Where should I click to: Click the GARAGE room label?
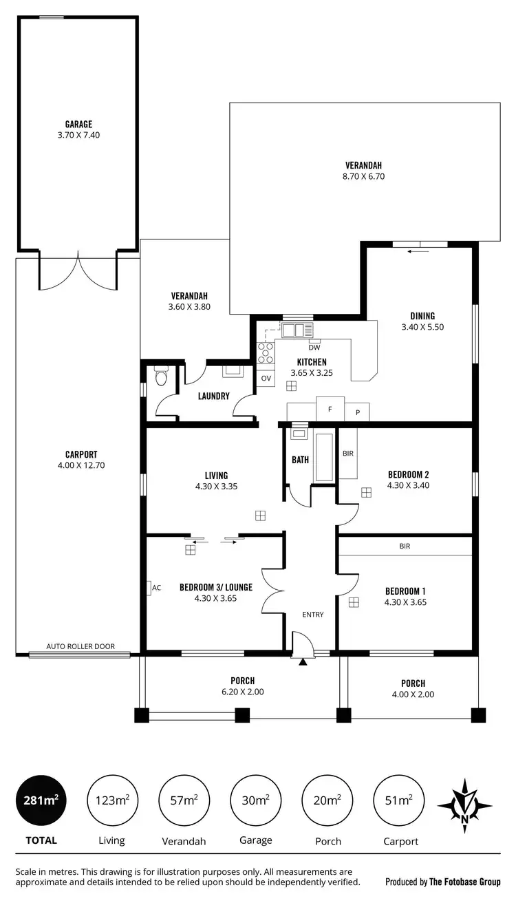click(78, 125)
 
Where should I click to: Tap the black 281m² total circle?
click(41, 800)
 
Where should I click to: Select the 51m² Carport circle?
click(400, 800)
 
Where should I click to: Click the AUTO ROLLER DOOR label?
click(80, 646)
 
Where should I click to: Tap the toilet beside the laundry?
click(162, 376)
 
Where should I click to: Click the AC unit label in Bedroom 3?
click(156, 588)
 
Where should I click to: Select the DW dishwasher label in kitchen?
click(314, 348)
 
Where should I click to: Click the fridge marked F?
click(330, 409)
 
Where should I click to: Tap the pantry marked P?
click(357, 412)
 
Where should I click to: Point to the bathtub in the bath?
click(323, 457)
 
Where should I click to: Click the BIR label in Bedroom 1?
click(405, 546)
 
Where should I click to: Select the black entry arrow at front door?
click(302, 662)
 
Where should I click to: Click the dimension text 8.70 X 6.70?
click(363, 176)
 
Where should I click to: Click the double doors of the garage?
click(78, 272)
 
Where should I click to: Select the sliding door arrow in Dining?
click(418, 251)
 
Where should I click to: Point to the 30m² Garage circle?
click(255, 800)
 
